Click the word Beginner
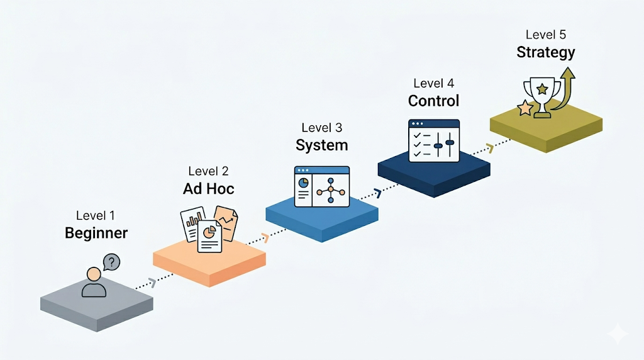click(x=96, y=233)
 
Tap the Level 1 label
click(x=96, y=216)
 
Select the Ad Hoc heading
click(x=209, y=189)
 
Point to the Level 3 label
click(x=321, y=128)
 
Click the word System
click(x=321, y=145)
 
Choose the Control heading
click(x=433, y=101)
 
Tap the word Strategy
click(x=545, y=52)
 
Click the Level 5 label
click(x=545, y=35)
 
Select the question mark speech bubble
click(x=111, y=262)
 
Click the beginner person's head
click(x=94, y=275)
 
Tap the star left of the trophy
click(x=525, y=108)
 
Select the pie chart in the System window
click(x=303, y=183)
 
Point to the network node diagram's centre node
click(x=330, y=189)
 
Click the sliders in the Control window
click(x=444, y=141)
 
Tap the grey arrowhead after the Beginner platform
click(x=151, y=281)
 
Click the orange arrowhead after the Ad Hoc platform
click(x=264, y=237)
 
